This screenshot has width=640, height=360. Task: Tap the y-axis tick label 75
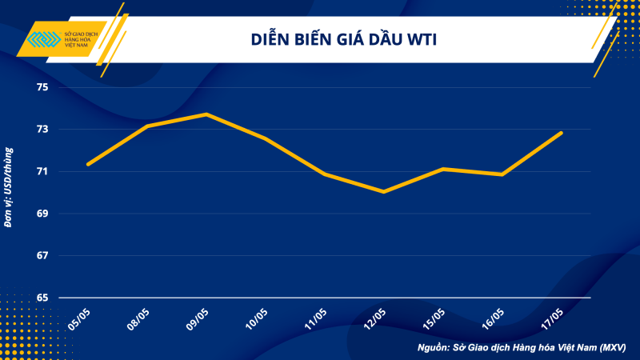point(43,87)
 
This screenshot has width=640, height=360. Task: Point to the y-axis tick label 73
point(43,130)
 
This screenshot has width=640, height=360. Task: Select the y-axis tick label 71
point(43,172)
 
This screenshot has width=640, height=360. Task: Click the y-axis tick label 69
point(43,214)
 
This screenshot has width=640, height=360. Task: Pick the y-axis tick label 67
point(43,256)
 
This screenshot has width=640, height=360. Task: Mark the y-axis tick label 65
point(43,298)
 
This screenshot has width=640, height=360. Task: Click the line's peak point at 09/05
point(206,114)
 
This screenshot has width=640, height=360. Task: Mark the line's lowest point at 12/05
point(384,192)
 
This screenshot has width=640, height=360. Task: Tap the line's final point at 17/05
point(562,133)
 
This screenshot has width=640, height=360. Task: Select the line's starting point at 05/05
point(88,164)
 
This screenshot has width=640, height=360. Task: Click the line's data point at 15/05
point(443,169)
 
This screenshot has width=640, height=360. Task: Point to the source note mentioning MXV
point(521,348)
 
